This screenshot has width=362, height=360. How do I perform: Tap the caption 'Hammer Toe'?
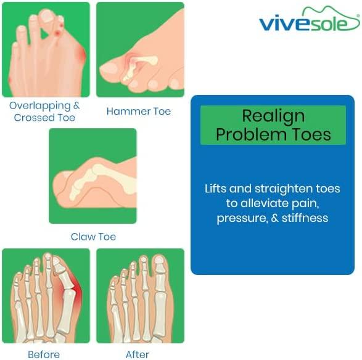pos(139,112)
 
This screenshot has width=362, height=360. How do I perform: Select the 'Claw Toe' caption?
pos(93,237)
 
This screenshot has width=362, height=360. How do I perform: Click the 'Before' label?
pos(44,354)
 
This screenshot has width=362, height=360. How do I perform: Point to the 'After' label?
pos(138,354)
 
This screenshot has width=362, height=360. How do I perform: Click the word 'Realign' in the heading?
pos(273,116)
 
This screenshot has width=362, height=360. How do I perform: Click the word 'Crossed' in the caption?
pos(34,117)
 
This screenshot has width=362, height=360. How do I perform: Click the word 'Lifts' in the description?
pos(218,189)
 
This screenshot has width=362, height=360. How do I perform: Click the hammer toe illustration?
pos(140,49)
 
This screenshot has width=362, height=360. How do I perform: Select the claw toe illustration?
pos(93,176)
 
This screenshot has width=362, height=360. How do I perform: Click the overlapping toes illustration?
pos(46,49)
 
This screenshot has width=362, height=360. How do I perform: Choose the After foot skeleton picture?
pos(140,296)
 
